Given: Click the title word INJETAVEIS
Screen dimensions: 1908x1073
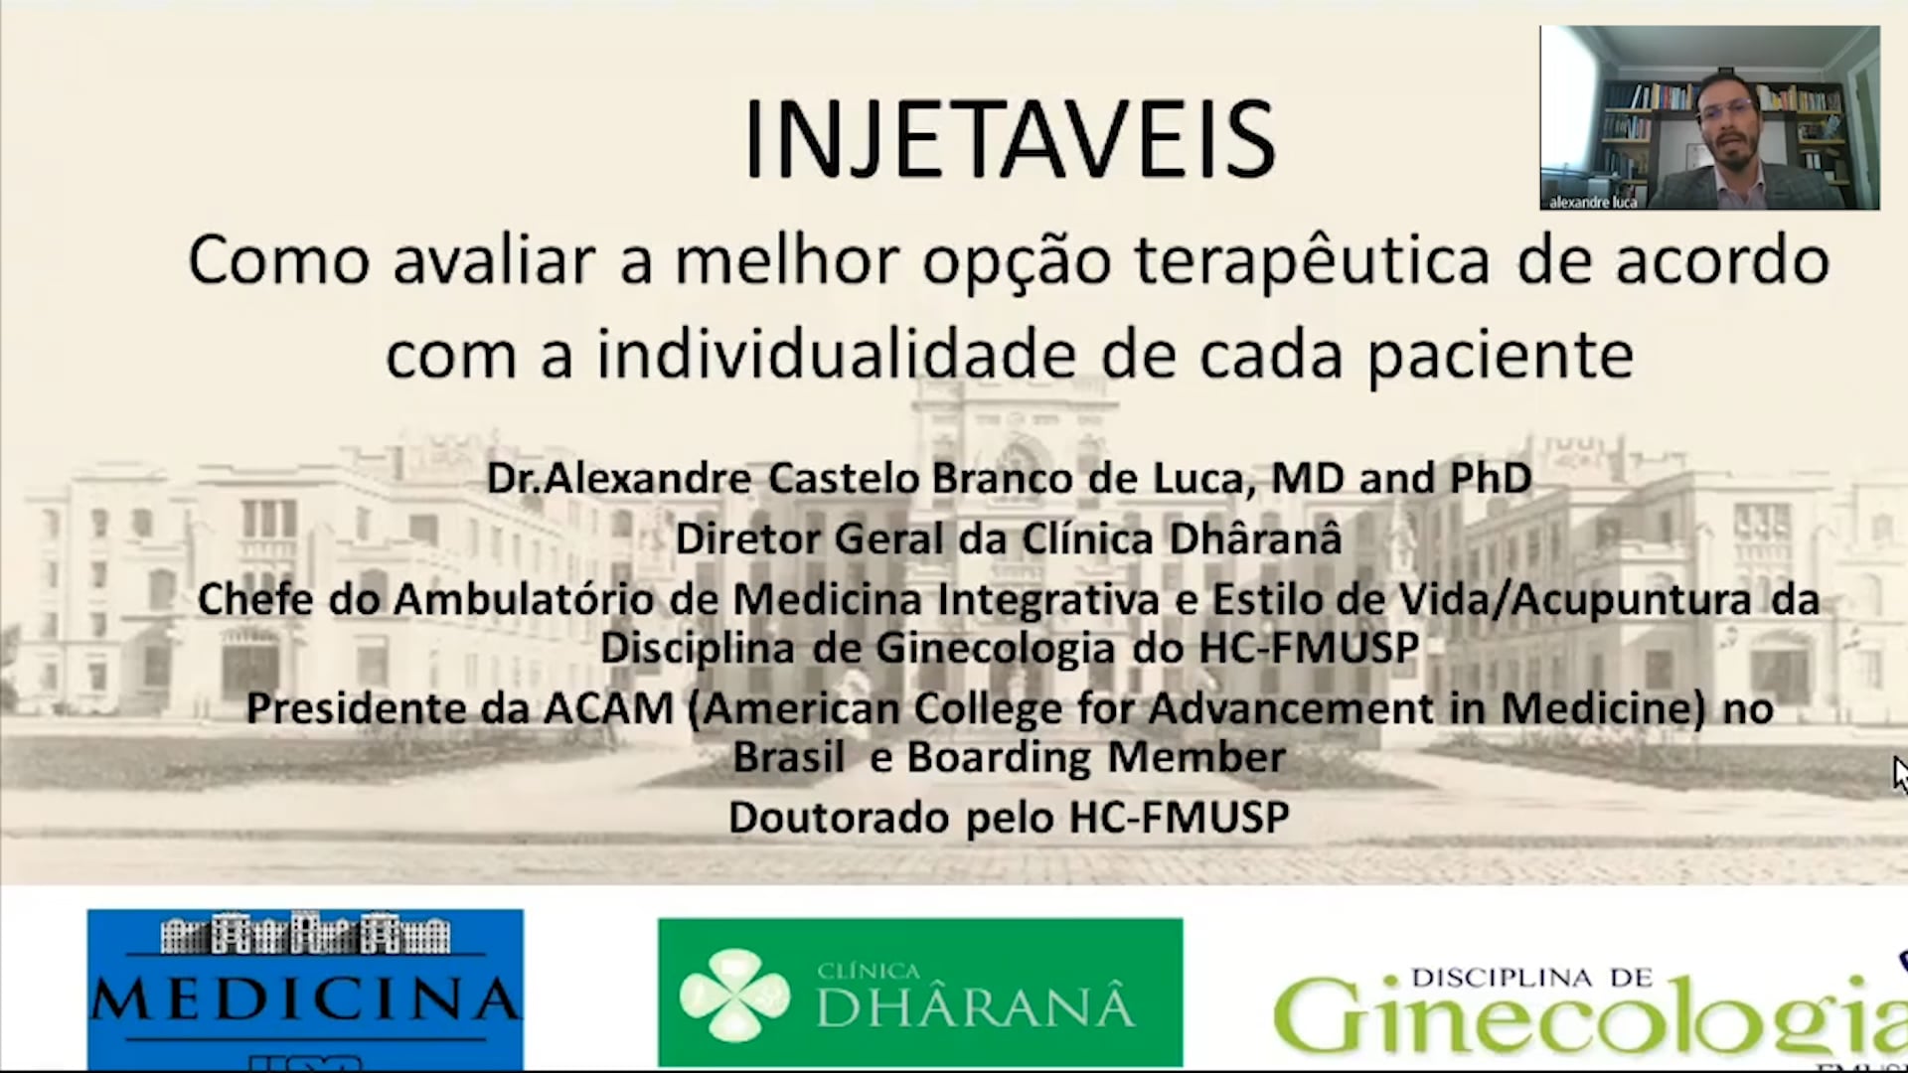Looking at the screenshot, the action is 1010,139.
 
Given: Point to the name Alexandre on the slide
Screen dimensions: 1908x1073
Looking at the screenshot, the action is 648,479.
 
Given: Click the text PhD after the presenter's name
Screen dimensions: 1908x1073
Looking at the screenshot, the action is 1491,479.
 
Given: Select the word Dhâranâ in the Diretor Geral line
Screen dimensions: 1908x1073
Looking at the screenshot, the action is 1255,538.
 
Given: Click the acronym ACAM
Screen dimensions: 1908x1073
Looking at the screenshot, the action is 608,709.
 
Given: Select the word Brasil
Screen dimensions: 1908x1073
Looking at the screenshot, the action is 788,758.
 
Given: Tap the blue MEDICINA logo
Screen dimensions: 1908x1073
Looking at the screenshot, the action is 305,990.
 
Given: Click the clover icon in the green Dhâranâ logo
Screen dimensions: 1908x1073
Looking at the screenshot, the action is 734,995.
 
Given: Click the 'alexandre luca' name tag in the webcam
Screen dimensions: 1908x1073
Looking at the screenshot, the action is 1593,202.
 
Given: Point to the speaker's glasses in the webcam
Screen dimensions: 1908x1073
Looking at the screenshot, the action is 1726,111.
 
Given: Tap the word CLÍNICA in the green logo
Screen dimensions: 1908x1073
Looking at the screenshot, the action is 868,971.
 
